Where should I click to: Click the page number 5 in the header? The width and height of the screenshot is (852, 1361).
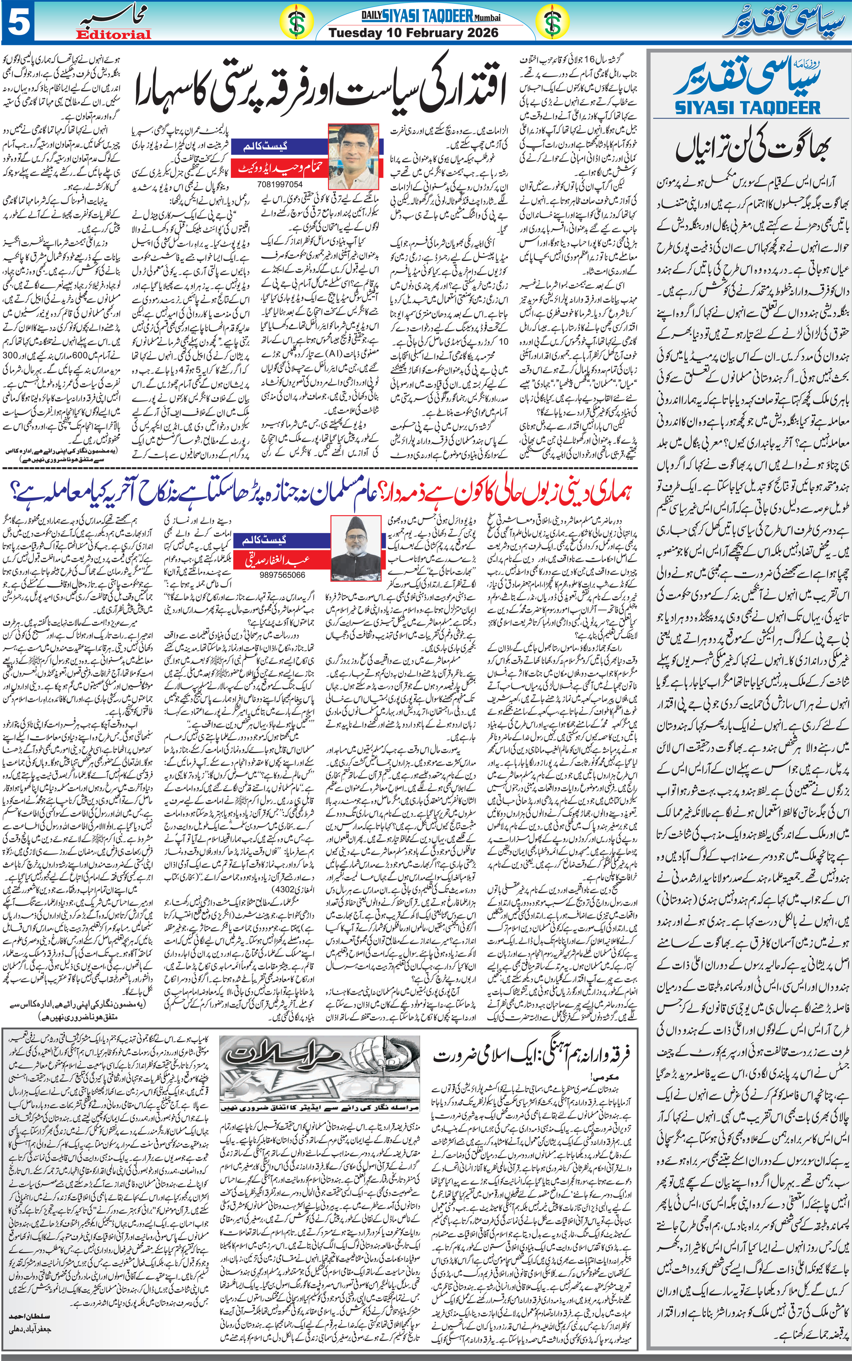18,22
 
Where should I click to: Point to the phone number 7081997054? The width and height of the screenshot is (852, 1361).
280,184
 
